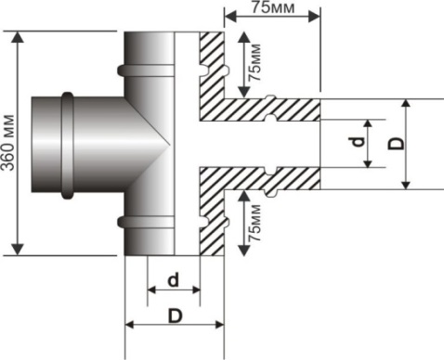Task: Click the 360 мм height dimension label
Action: coord(8,143)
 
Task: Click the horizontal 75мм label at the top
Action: coord(273,7)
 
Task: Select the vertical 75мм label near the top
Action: coord(255,63)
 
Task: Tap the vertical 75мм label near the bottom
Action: coord(255,223)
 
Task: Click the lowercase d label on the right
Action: coord(358,142)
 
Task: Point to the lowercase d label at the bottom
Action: coord(174,280)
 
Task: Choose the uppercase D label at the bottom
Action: coord(176,315)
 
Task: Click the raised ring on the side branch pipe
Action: coord(68,146)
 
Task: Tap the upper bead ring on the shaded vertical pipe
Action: coord(146,71)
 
